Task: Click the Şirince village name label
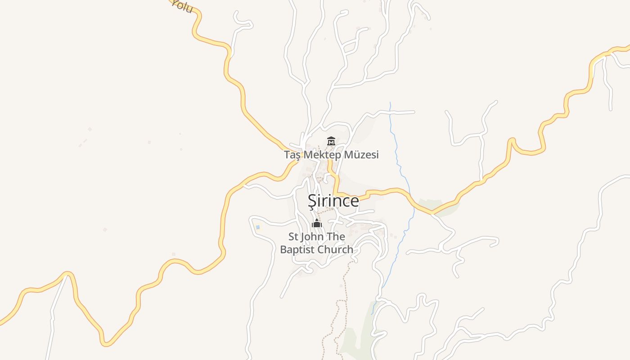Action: coord(333,201)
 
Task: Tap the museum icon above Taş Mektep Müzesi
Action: coord(331,141)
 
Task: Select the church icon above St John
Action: coord(317,223)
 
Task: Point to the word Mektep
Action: coord(322,155)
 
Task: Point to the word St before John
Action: coord(293,237)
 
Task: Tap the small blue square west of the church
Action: coord(258,227)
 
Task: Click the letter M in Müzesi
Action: coord(349,155)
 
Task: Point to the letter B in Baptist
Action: coord(283,249)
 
